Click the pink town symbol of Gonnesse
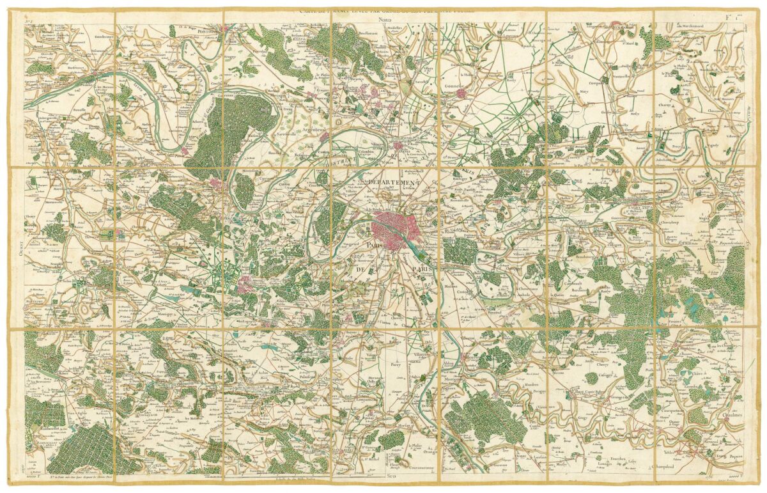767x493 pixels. point(461,93)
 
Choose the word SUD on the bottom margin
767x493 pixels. point(391,476)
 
